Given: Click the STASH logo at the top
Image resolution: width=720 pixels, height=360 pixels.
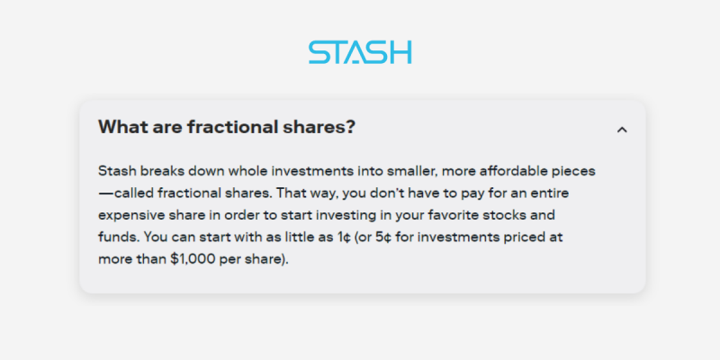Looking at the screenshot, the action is (x=360, y=52).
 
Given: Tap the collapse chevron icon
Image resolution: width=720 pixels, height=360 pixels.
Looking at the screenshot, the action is (x=622, y=130).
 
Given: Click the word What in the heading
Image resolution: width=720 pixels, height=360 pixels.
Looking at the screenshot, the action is (x=120, y=127).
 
